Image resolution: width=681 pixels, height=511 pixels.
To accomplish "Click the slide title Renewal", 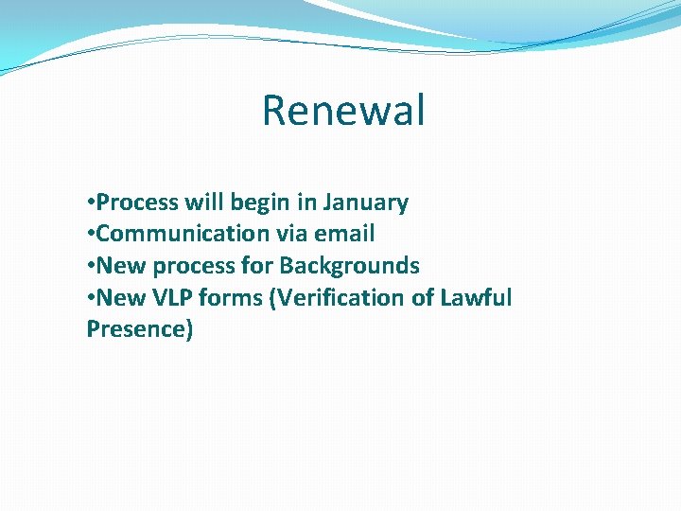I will [x=343, y=110].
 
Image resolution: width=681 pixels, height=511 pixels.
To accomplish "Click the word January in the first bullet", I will [x=365, y=203].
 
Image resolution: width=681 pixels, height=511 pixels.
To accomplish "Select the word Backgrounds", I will [x=349, y=266].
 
